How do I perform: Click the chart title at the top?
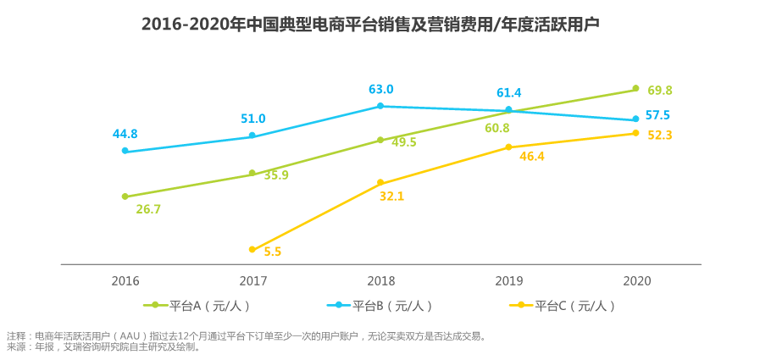[x=370, y=25]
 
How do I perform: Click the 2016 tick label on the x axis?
[x=125, y=281]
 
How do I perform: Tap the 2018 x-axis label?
[x=380, y=281]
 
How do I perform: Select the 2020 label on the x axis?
[x=636, y=281]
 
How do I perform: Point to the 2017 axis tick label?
[x=253, y=281]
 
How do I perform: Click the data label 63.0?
[x=381, y=90]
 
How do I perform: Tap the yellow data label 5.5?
[x=273, y=252]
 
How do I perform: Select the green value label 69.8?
[x=660, y=91]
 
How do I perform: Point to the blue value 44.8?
[x=125, y=134]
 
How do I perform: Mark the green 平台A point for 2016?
[x=125, y=197]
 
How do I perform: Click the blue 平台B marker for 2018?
[x=380, y=106]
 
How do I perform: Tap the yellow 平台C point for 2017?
[x=252, y=249]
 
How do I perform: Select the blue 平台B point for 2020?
[x=635, y=119]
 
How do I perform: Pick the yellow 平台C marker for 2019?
[x=508, y=147]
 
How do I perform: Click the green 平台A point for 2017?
[x=252, y=174]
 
